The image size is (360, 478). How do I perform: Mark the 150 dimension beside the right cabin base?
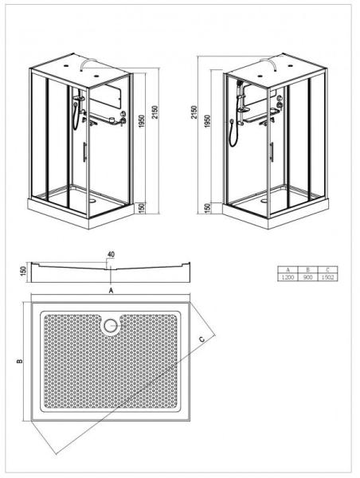[205, 209]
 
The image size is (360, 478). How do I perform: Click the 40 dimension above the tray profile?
[110, 256]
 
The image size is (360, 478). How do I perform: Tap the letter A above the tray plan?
[111, 292]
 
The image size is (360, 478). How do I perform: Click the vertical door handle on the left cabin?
[86, 151]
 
